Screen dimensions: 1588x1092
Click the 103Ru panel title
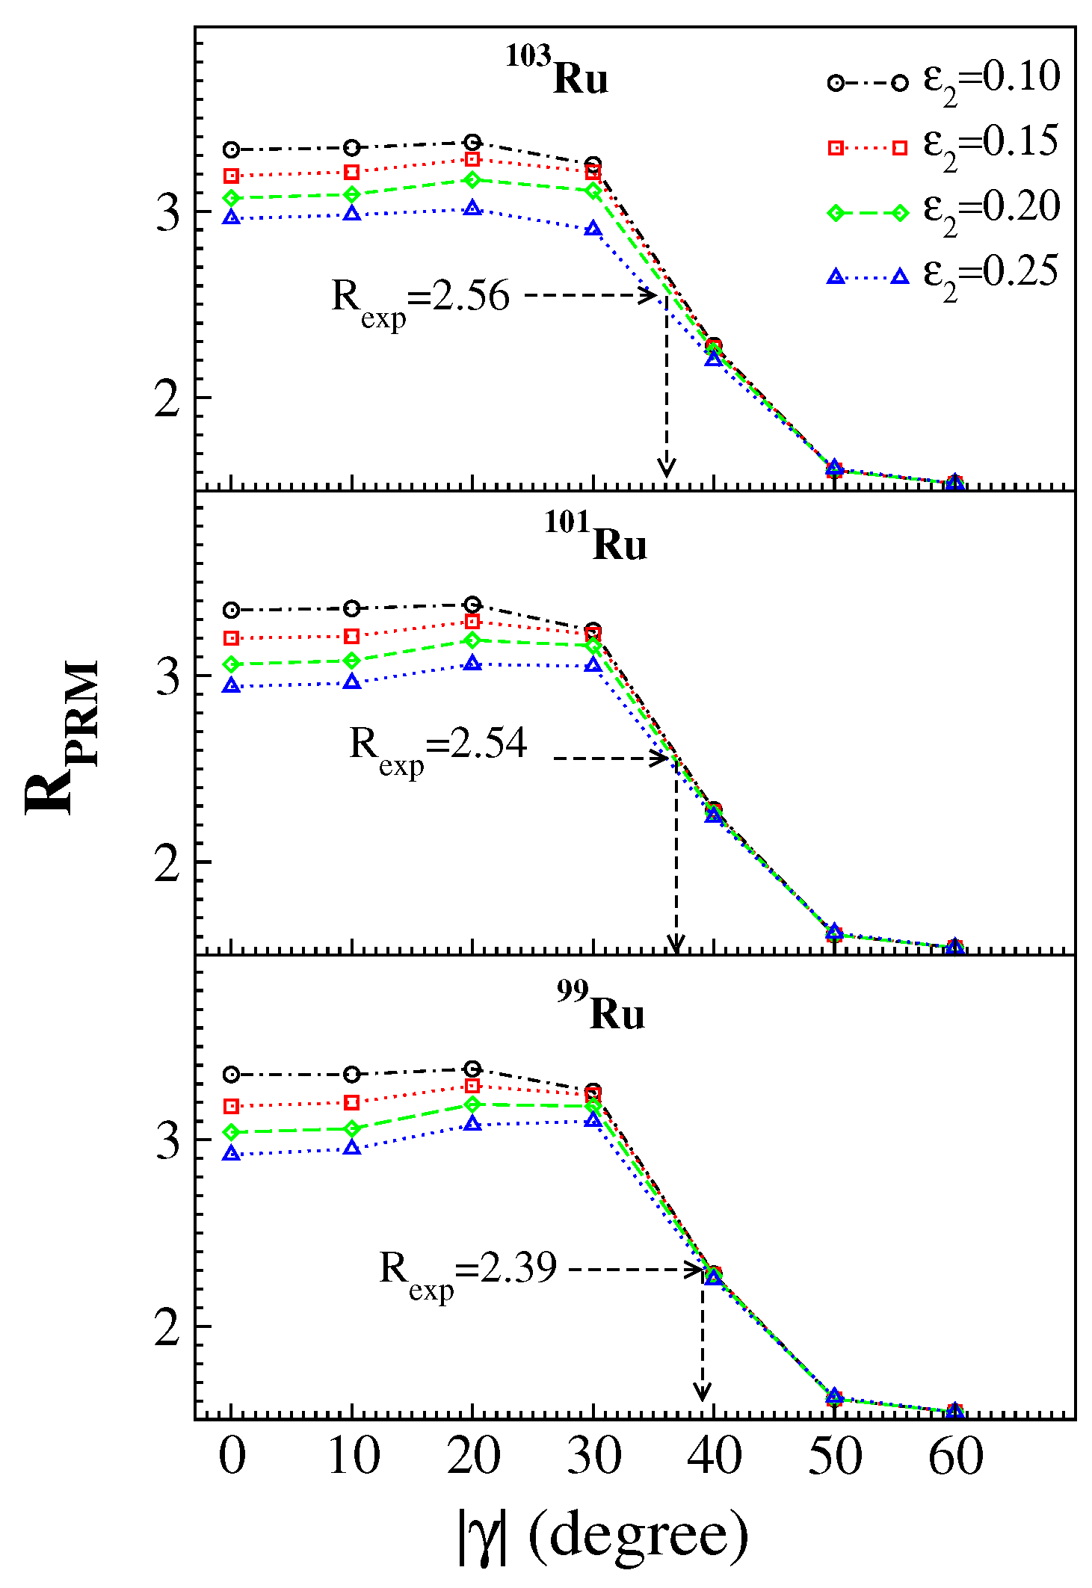point(558,72)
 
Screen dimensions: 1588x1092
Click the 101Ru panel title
point(596,537)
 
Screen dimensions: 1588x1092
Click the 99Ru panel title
point(600,1007)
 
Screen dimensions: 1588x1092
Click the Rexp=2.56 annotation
point(420,298)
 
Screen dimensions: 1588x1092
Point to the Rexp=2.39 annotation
point(468,1272)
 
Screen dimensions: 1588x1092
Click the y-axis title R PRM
point(61,736)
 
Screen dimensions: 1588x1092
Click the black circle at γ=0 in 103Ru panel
point(232,149)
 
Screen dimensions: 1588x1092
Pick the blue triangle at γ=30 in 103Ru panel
point(593,229)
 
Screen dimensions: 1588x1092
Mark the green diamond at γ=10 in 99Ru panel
point(353,1128)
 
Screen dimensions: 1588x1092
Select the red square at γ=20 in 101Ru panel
point(472,622)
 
